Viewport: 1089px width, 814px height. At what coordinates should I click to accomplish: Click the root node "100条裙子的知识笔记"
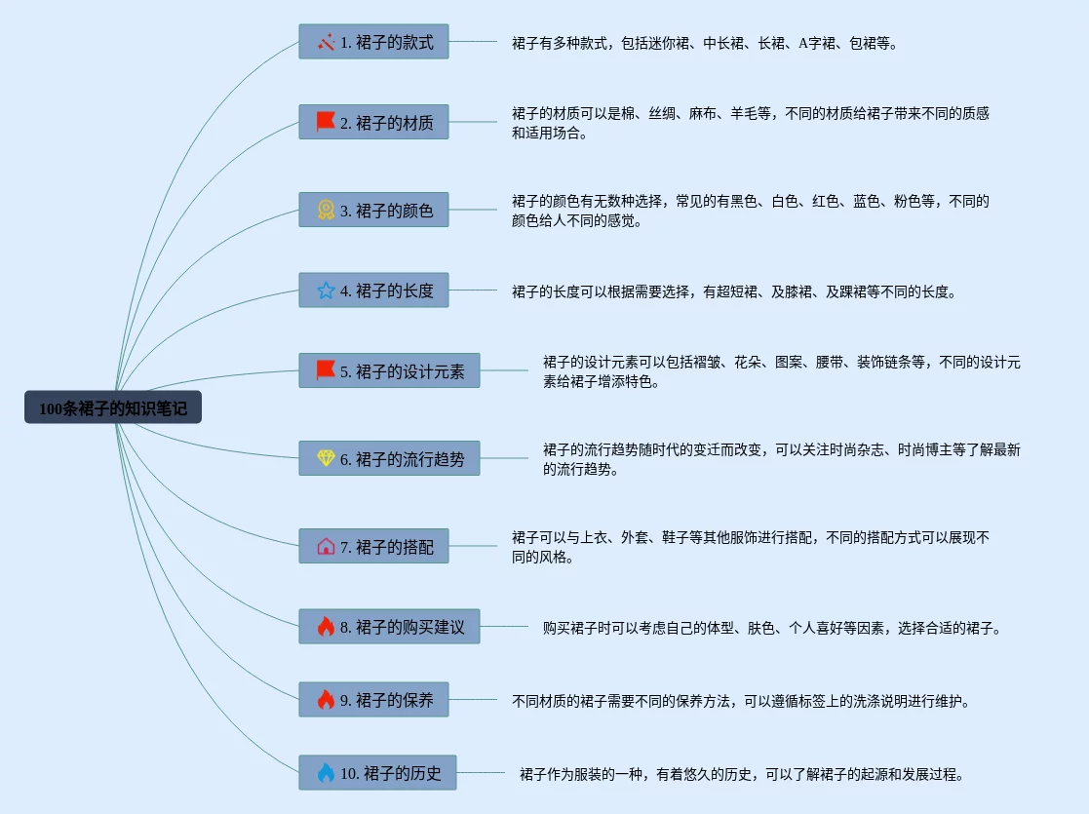(x=113, y=408)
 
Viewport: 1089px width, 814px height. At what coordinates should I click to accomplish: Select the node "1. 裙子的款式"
(x=373, y=42)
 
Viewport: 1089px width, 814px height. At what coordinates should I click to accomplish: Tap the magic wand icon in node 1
(x=326, y=42)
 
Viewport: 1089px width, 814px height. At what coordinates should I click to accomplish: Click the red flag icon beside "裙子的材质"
(x=326, y=122)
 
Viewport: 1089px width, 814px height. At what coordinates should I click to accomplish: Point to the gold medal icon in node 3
(x=326, y=210)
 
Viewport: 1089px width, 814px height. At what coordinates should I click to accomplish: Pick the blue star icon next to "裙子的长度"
(x=326, y=291)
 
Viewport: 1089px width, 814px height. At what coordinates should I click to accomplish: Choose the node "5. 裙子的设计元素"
(x=389, y=370)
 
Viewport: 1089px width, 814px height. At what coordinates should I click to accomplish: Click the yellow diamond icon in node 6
(x=326, y=458)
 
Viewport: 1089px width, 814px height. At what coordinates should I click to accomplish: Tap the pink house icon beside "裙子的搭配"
(x=326, y=547)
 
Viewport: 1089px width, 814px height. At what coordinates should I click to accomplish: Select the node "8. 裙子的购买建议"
(x=389, y=627)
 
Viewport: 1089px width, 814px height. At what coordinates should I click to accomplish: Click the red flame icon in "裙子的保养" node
(x=326, y=699)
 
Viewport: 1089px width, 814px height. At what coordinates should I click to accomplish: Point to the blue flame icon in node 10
(x=326, y=773)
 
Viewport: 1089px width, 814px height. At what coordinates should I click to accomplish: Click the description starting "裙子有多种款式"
(x=704, y=43)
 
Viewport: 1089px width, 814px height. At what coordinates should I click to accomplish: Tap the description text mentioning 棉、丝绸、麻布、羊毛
(x=750, y=123)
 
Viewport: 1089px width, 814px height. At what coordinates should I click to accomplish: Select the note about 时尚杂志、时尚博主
(x=781, y=459)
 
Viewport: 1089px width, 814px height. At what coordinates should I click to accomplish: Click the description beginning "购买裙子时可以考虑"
(x=771, y=628)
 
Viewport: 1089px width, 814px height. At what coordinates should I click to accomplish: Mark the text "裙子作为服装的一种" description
(x=742, y=775)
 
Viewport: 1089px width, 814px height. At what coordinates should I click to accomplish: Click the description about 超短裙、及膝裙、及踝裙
(x=734, y=291)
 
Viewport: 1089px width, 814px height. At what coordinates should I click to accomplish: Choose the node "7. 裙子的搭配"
(x=373, y=547)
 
